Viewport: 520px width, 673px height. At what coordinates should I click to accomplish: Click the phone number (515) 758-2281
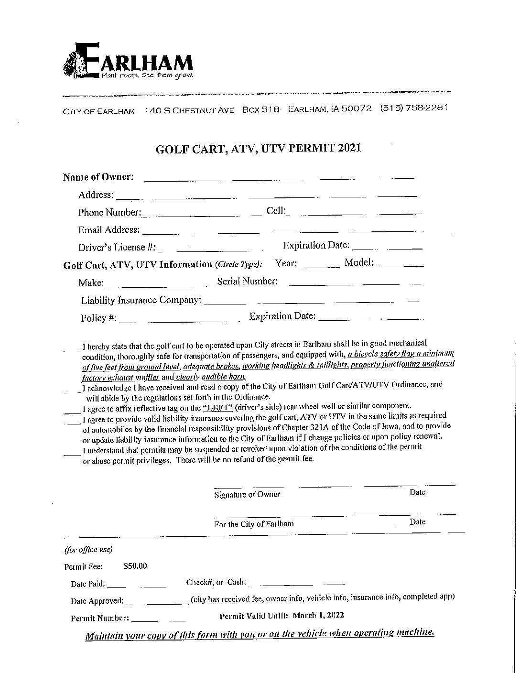click(x=413, y=109)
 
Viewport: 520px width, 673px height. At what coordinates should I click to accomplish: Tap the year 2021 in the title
click(x=349, y=148)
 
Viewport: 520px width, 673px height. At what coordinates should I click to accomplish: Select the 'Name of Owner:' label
click(x=98, y=177)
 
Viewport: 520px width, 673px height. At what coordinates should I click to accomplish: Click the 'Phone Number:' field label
click(x=109, y=213)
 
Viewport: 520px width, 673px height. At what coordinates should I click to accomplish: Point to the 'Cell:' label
click(x=276, y=211)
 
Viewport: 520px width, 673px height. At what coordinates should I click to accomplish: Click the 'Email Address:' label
click(x=109, y=230)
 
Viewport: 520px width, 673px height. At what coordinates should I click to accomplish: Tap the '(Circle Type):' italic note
click(x=238, y=265)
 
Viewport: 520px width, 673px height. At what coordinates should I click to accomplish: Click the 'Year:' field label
click(x=286, y=263)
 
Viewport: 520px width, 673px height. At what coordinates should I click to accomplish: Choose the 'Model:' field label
click(x=358, y=263)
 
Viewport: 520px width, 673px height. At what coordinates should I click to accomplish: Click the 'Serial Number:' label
click(x=247, y=282)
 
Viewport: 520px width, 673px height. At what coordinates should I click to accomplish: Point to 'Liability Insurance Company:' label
click(x=141, y=301)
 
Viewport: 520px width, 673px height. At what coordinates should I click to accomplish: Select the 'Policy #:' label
click(x=98, y=318)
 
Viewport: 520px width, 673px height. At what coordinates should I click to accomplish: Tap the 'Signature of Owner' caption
click(x=247, y=495)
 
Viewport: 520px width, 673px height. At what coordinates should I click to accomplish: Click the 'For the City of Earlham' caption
click(x=254, y=524)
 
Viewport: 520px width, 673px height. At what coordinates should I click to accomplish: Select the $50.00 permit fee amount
click(x=135, y=566)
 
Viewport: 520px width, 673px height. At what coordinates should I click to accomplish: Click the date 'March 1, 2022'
click(x=318, y=616)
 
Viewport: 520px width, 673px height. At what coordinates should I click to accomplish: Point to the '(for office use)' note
click(x=88, y=550)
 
